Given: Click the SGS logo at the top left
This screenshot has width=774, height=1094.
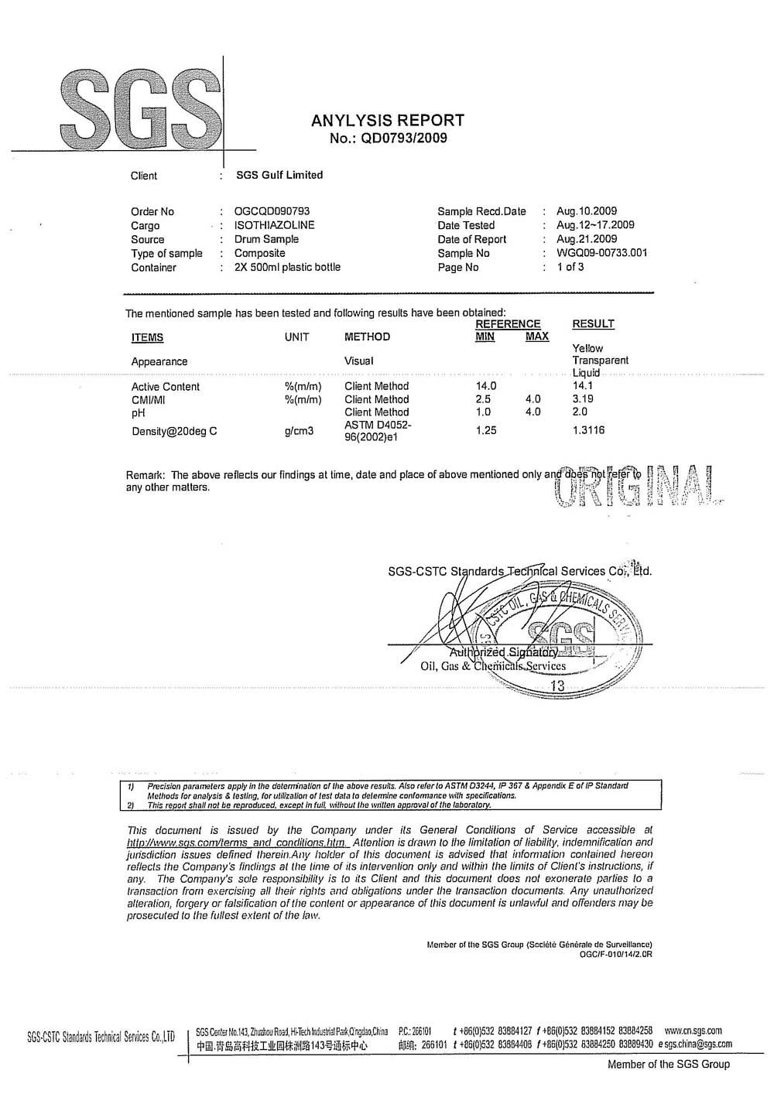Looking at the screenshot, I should coord(136,108).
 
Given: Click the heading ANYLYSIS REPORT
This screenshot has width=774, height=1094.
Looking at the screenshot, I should coord(388,121).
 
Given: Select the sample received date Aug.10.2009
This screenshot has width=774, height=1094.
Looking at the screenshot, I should coord(587,211).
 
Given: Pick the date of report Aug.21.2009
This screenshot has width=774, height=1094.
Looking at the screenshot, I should coord(587,239).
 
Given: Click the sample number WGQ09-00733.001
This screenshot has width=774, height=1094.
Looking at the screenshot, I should coord(602,253).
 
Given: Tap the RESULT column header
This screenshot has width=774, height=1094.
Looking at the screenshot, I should coord(593,324).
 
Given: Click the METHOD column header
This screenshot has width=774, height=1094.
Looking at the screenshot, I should coord(367,337).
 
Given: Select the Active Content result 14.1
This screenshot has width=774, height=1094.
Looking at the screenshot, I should coord(582,385).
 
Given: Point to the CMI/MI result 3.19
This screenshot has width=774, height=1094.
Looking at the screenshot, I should coord(583,399).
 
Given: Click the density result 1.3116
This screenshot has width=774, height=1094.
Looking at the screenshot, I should coord(588,430).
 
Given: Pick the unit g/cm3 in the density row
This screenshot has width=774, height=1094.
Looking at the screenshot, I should coord(299,431).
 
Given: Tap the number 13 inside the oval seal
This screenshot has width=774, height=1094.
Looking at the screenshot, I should coord(557,685).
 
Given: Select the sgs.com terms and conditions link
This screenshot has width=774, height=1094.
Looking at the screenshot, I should coord(238,842).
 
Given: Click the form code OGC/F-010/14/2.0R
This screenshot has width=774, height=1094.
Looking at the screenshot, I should coord(615,954).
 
